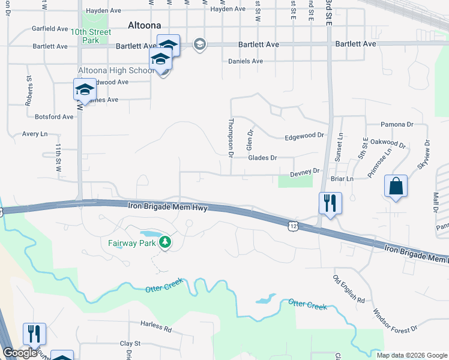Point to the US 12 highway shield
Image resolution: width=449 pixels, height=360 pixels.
point(292,225)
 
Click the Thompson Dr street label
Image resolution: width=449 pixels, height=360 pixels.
point(230,137)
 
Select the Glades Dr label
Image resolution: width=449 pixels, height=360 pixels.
point(262,158)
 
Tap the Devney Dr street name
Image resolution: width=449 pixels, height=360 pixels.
point(305,172)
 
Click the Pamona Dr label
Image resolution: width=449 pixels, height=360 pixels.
point(397,124)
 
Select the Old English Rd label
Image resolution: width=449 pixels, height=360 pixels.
point(349,289)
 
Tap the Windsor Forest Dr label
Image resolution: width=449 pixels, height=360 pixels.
point(394,321)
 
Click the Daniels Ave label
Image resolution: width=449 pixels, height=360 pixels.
point(246,61)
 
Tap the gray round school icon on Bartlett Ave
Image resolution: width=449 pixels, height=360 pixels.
point(199,44)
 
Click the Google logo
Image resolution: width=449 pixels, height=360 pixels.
point(20,353)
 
